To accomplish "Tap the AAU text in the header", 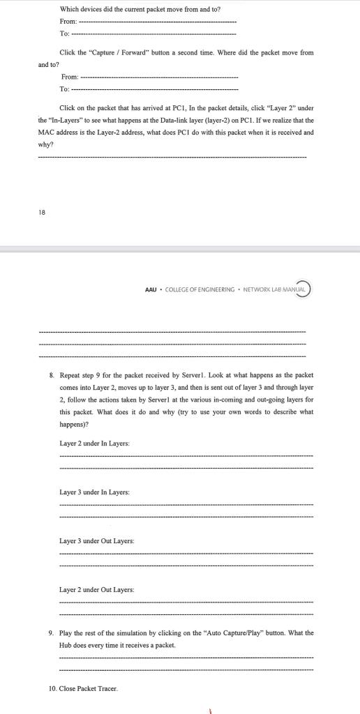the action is [x=150, y=289].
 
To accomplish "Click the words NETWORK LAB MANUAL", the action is [x=274, y=289].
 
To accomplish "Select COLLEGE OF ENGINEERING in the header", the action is [x=200, y=289].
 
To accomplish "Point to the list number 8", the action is [x=51, y=374].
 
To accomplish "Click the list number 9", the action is [x=51, y=633].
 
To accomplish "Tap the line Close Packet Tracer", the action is [x=89, y=689].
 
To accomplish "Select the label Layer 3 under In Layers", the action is [x=94, y=492].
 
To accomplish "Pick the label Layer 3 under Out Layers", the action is [x=97, y=540].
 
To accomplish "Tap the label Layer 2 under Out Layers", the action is [x=97, y=589].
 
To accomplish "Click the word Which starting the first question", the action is [x=70, y=9].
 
